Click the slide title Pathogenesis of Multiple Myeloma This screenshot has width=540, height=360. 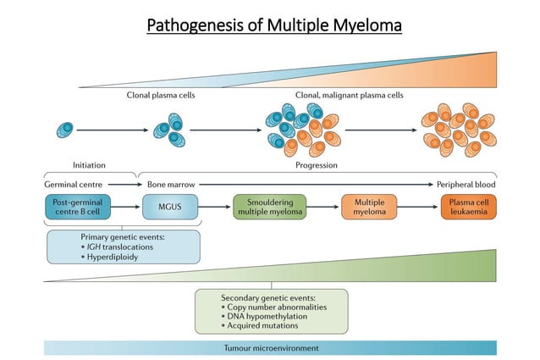(x=273, y=25)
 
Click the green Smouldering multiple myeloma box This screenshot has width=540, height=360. (x=269, y=206)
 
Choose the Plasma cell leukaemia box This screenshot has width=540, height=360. (x=468, y=206)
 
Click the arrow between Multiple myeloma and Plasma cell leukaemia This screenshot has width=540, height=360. (x=417, y=206)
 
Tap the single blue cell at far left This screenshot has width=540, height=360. (x=65, y=130)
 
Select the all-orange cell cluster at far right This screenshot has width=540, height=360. (x=457, y=130)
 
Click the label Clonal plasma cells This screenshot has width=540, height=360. (x=161, y=95)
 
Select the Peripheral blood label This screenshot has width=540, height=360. (x=466, y=184)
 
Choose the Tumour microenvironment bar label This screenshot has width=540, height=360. (x=270, y=348)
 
